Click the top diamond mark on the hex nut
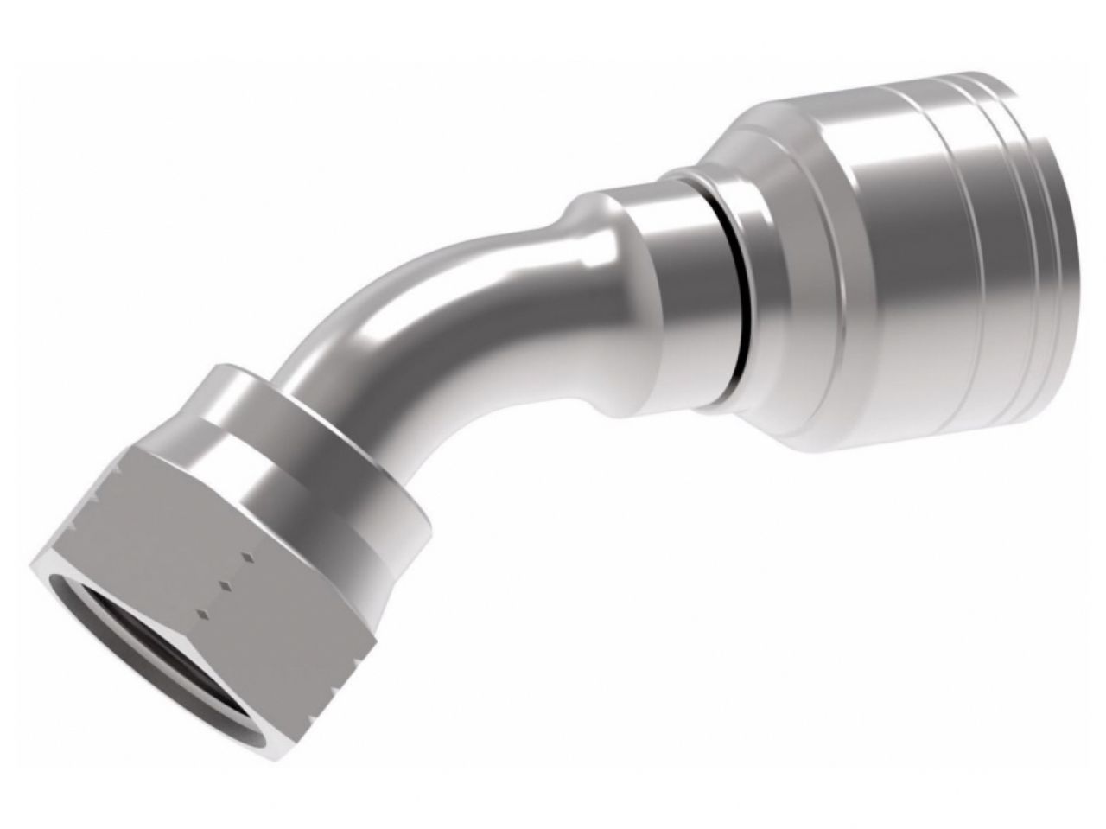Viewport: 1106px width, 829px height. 247,556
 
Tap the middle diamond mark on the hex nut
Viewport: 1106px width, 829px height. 226,585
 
